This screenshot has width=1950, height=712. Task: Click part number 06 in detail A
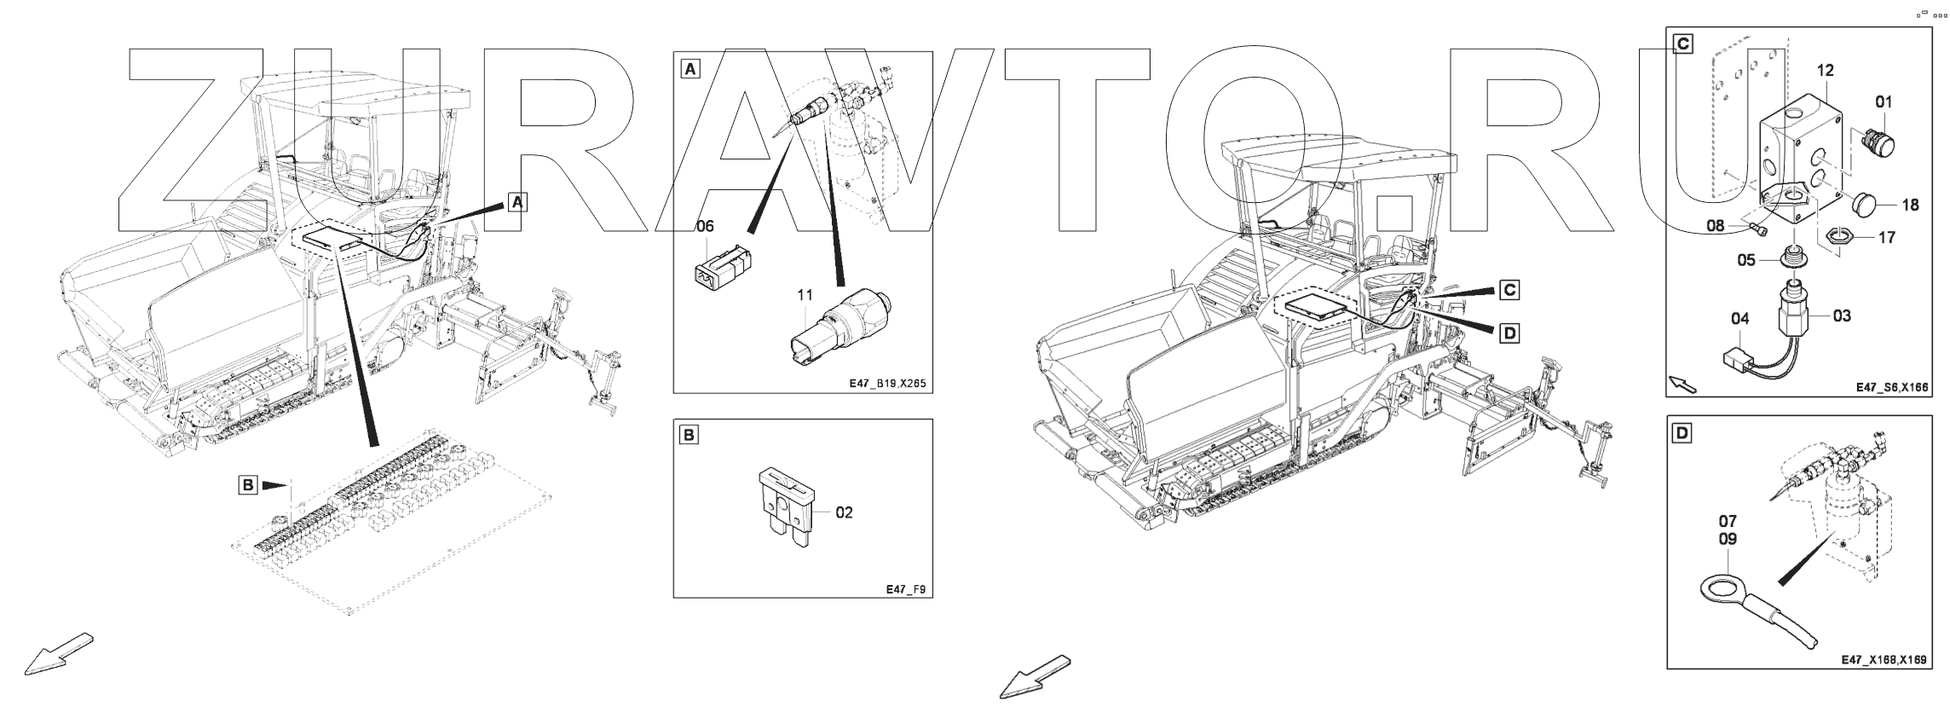(x=705, y=226)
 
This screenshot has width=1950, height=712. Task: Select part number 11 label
(x=805, y=295)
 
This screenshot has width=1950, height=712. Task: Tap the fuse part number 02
(x=844, y=512)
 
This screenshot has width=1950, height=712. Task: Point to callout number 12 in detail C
(x=1825, y=71)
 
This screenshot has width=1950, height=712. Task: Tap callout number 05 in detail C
(x=1746, y=260)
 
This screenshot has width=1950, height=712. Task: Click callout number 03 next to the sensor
(x=1842, y=315)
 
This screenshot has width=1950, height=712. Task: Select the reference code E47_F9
(x=905, y=589)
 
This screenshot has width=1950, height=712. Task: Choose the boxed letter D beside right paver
(x=1509, y=333)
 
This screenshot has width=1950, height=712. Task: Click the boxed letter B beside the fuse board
(x=247, y=485)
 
